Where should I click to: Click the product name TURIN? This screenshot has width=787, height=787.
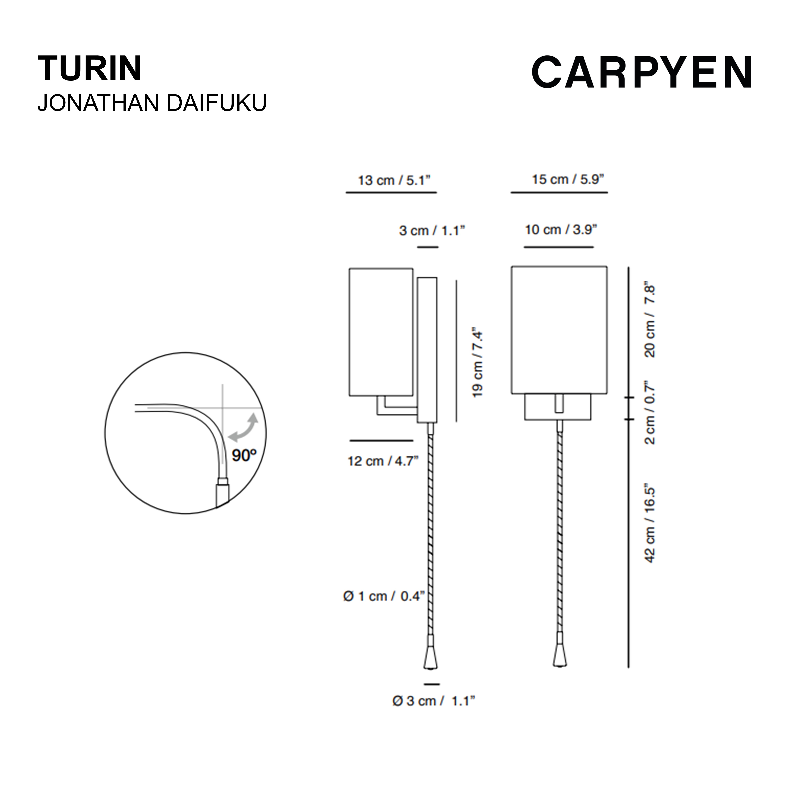pyautogui.click(x=90, y=68)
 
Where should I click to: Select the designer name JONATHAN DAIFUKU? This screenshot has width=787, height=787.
pyautogui.click(x=152, y=103)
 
